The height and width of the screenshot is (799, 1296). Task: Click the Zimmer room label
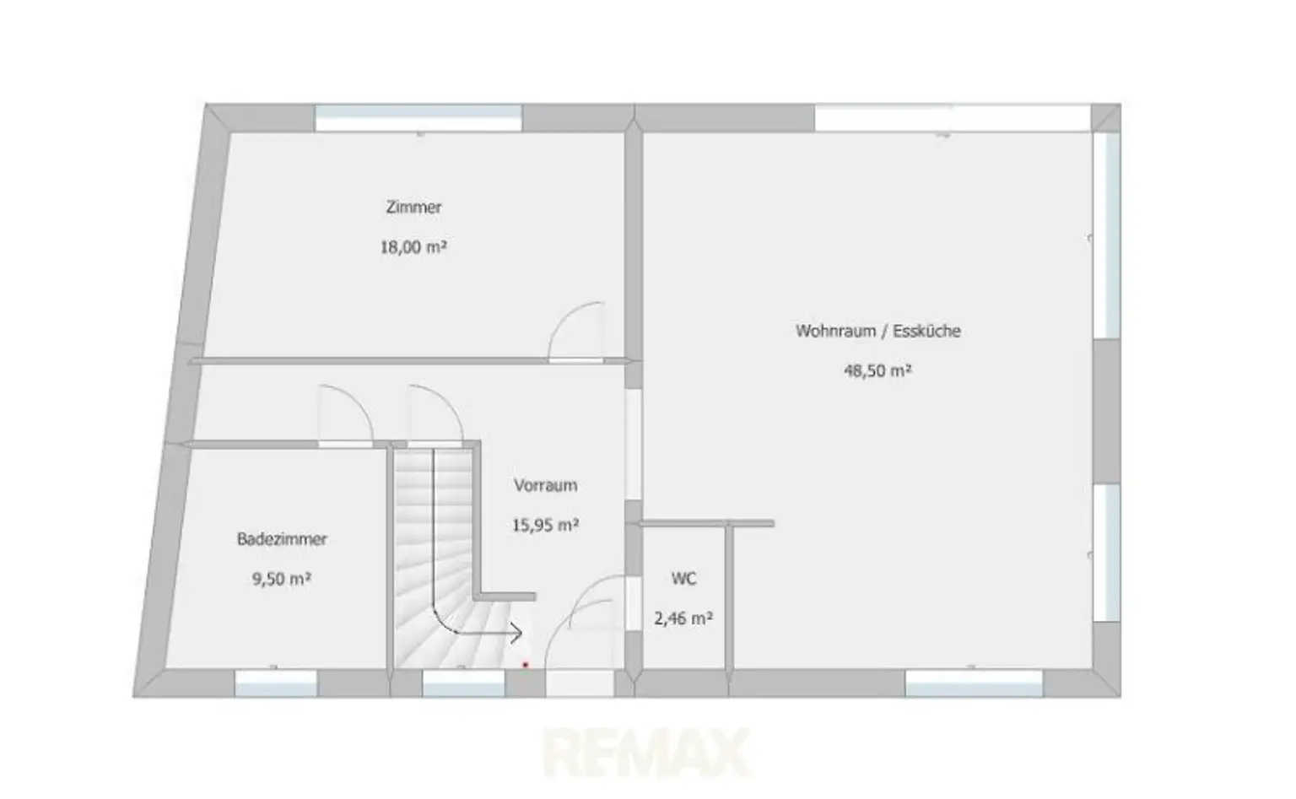(x=413, y=207)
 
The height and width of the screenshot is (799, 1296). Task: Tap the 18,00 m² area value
(x=413, y=247)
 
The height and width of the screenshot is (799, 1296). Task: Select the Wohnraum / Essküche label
(x=877, y=331)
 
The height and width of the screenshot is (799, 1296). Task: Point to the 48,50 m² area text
(x=877, y=370)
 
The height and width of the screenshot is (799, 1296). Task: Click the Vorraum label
(x=546, y=485)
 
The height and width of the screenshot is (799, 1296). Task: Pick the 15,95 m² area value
(x=546, y=525)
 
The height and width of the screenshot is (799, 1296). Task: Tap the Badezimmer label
(x=282, y=539)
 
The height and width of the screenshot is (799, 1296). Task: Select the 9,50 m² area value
(x=282, y=579)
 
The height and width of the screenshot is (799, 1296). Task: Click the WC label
(x=684, y=579)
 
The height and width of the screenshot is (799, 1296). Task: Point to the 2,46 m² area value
(x=683, y=618)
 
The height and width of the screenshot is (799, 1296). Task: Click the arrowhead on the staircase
(x=515, y=633)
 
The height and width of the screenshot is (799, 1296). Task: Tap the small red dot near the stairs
(x=526, y=665)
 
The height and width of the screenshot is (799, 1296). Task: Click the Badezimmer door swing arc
(x=358, y=399)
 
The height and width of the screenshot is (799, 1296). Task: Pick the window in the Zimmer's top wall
(x=418, y=118)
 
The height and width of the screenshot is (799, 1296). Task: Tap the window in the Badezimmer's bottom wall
(x=276, y=683)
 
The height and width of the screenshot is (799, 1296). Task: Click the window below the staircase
(x=463, y=683)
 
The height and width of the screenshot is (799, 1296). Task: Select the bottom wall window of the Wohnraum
(x=974, y=683)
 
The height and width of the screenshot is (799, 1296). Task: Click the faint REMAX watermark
(x=647, y=753)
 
